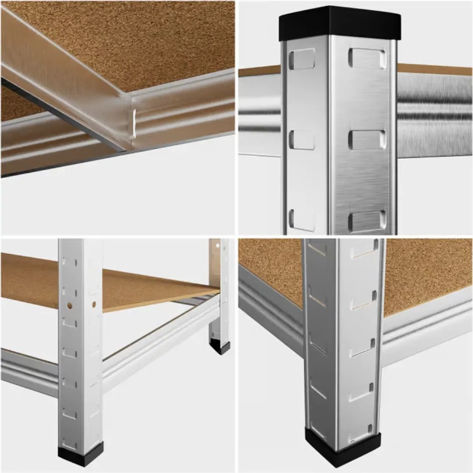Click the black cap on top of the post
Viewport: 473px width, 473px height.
point(340,23)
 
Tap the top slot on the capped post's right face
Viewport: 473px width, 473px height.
point(367,58)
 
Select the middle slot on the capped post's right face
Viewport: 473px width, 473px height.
point(367,139)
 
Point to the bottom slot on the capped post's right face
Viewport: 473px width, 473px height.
point(367,221)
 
